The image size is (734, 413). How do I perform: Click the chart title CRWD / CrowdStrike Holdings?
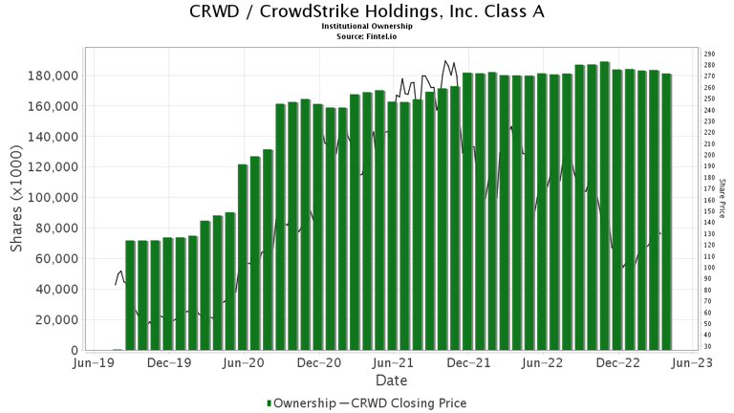coord(367,12)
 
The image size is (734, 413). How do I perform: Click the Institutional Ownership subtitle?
coord(367,27)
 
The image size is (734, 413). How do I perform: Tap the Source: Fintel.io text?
coord(367,36)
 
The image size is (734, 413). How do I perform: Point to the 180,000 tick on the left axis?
coord(54,76)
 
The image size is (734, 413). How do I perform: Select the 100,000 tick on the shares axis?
coord(54,198)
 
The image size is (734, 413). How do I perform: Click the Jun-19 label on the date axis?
coord(96,363)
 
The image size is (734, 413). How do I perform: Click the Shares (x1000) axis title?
coord(17,199)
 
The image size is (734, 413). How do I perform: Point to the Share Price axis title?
coord(723,199)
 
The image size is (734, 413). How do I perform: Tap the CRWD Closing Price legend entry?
coord(409,403)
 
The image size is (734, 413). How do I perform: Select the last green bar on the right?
coord(666,211)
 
